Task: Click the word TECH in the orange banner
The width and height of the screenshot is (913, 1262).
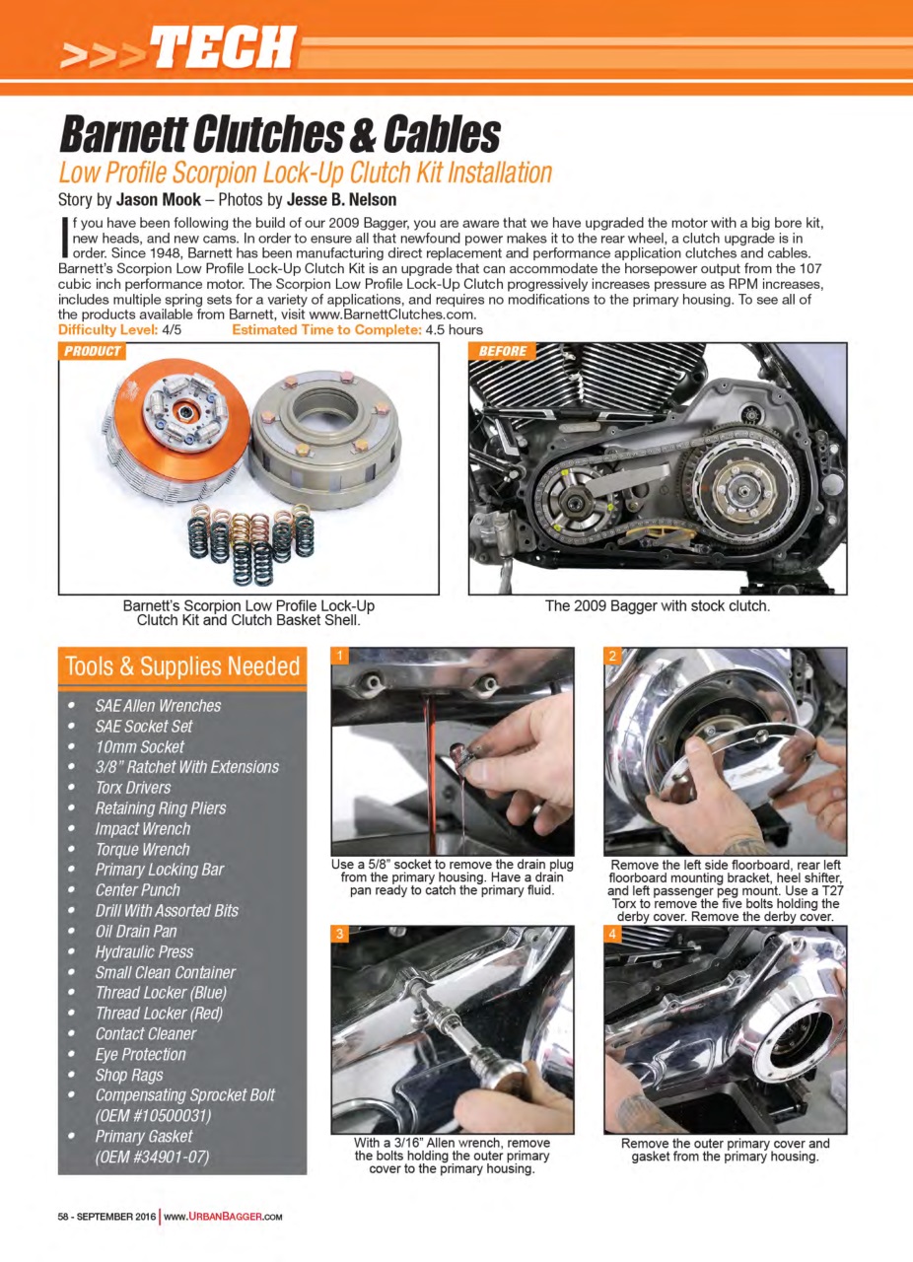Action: click(x=226, y=46)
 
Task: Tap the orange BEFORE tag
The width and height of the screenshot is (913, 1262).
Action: click(x=503, y=351)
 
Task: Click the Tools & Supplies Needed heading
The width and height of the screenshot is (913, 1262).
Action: click(x=181, y=666)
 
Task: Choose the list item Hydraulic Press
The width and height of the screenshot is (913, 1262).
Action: click(x=144, y=951)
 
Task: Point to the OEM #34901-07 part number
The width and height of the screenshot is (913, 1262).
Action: click(x=152, y=1157)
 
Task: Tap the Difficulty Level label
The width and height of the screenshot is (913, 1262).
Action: click(x=106, y=329)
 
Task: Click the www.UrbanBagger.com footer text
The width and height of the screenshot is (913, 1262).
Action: click(x=223, y=1216)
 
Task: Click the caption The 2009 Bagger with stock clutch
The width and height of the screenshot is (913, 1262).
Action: click(x=657, y=605)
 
